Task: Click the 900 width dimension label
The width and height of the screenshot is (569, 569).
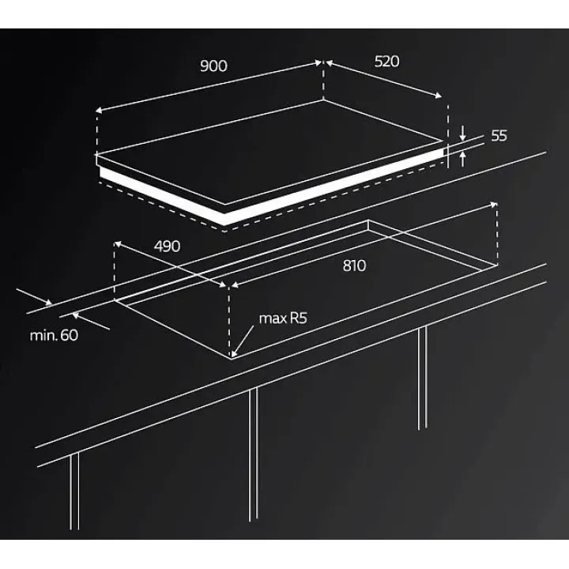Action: pyautogui.click(x=213, y=66)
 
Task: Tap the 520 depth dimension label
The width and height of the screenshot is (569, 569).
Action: pyautogui.click(x=386, y=62)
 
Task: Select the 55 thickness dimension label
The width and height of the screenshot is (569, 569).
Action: pyautogui.click(x=499, y=136)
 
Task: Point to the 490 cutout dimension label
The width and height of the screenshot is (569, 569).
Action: pyautogui.click(x=167, y=247)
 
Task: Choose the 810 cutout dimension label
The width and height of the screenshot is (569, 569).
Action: pyautogui.click(x=355, y=266)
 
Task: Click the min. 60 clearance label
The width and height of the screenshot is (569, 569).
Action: pyautogui.click(x=54, y=335)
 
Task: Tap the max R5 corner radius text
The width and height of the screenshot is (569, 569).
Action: pyautogui.click(x=283, y=318)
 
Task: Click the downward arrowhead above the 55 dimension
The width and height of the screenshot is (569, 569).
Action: pyautogui.click(x=462, y=138)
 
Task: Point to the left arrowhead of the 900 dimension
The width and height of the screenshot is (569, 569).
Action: pyautogui.click(x=100, y=111)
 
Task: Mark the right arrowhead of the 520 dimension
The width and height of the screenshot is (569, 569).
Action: pyautogui.click(x=439, y=96)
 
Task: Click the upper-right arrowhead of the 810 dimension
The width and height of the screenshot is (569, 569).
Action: pyautogui.click(x=493, y=205)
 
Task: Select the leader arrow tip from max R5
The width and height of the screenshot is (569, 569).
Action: pyautogui.click(x=233, y=355)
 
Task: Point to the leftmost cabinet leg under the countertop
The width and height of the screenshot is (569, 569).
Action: pyautogui.click(x=74, y=491)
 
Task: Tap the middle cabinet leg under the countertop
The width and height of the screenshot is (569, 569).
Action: pyautogui.click(x=254, y=454)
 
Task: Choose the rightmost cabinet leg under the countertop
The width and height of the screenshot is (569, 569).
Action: pyautogui.click(x=422, y=378)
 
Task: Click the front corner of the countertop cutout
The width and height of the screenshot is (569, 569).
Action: pyautogui.click(x=231, y=358)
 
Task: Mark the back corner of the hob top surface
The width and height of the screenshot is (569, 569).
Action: pyautogui.click(x=323, y=100)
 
